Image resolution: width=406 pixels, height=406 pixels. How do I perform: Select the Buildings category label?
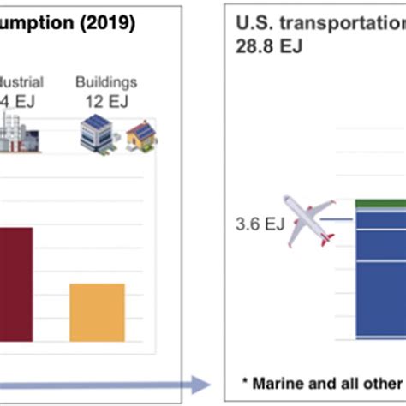[x=105, y=83]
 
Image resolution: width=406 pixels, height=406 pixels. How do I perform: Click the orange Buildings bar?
[x=97, y=313]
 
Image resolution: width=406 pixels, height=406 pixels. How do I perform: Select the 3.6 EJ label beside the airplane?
[x=260, y=225]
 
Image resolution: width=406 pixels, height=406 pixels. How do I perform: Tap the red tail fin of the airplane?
[x=326, y=237]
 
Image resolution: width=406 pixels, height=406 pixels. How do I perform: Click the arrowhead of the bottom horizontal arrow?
[x=205, y=383]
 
